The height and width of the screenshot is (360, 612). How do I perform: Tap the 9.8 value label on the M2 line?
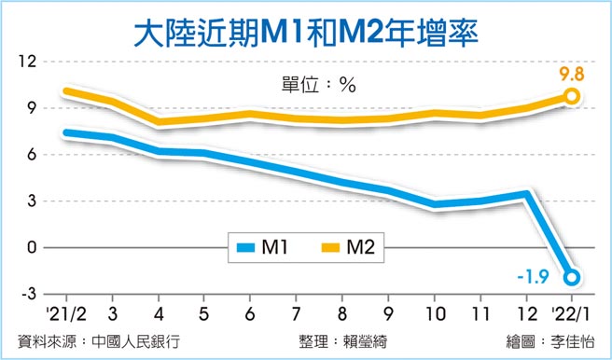(x=571, y=72)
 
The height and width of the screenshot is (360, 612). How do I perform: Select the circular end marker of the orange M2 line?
(x=571, y=96)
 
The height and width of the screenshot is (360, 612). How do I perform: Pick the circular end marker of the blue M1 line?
(x=571, y=277)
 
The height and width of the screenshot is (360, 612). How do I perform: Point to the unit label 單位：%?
(x=306, y=83)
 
